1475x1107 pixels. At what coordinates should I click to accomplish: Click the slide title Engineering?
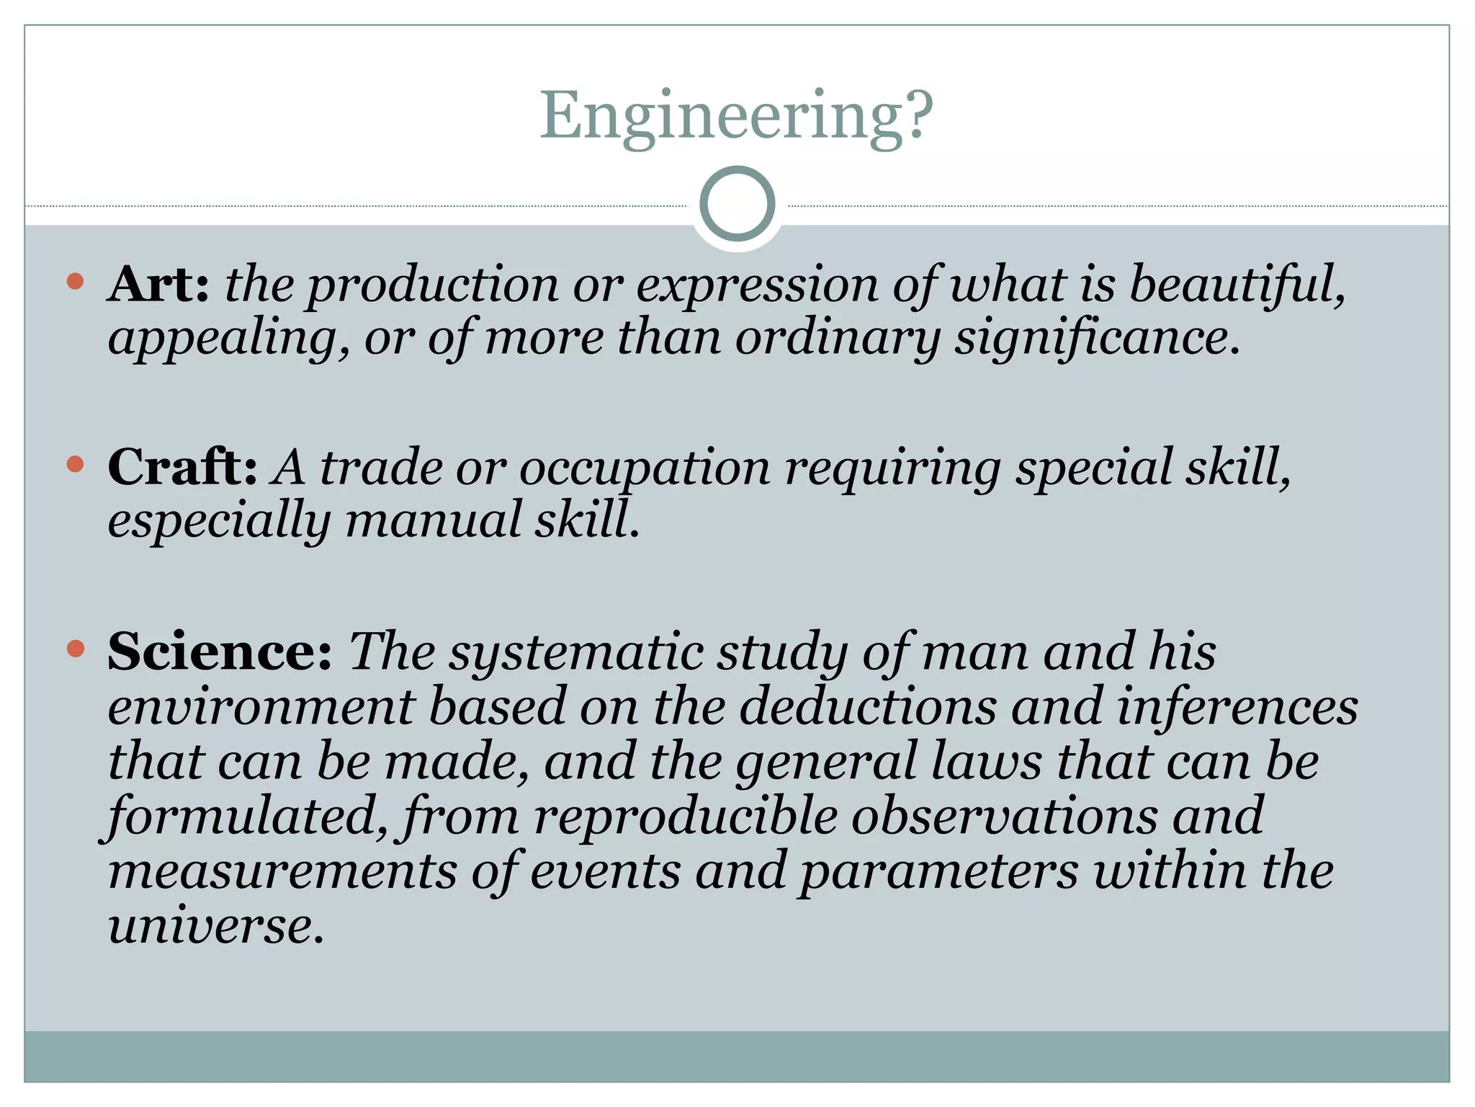point(737,115)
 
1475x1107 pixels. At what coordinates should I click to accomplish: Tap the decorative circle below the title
point(737,204)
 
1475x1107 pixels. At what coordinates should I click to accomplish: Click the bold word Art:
point(158,284)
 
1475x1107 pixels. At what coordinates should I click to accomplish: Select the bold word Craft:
point(182,467)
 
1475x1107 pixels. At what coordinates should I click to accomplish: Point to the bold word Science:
point(220,651)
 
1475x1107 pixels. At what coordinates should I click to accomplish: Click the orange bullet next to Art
point(75,281)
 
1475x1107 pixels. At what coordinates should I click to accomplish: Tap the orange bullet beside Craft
point(75,464)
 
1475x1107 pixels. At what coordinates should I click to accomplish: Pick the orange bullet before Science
point(75,648)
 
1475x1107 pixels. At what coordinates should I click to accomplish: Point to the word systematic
point(576,652)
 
